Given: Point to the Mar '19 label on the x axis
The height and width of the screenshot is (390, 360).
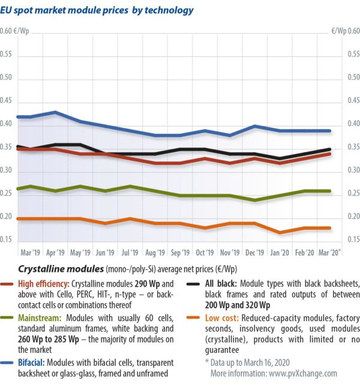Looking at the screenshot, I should point(31,253).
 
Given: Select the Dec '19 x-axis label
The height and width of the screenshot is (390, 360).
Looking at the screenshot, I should point(256,253).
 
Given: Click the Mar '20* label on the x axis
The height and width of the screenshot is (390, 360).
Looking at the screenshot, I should point(330,253).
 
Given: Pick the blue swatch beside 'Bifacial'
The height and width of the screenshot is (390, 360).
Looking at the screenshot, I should point(9,362).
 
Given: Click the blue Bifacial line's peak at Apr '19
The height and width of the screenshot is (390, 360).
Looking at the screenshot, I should point(56,112).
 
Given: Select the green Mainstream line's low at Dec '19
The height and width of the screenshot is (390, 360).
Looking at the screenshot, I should point(256,200).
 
